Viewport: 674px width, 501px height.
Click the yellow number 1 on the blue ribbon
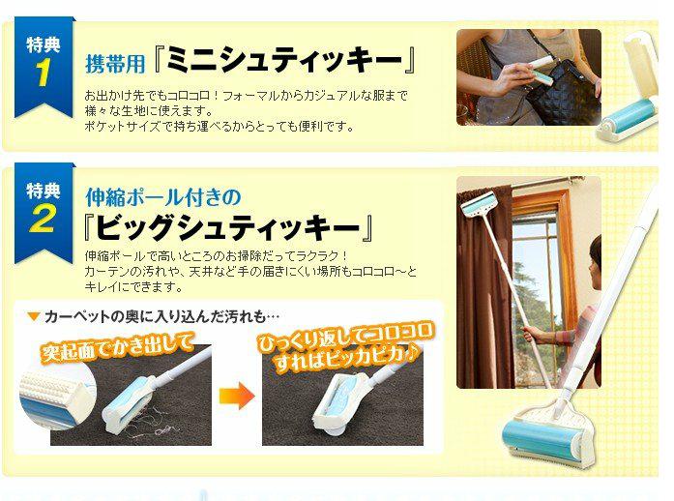(44, 72)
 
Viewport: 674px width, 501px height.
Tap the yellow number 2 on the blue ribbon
(43, 218)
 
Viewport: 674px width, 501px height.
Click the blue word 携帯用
(115, 64)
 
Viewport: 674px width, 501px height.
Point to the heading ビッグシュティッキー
(227, 227)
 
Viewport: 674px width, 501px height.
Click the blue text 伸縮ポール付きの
(163, 197)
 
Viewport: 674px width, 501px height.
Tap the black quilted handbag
(562, 93)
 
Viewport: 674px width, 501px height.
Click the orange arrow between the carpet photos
(237, 396)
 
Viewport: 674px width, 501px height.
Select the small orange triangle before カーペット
(33, 317)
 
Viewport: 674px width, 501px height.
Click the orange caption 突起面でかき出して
(117, 345)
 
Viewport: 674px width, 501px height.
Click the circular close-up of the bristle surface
(56, 397)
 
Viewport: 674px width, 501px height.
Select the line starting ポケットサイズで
(220, 127)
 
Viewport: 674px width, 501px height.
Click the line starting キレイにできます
(134, 287)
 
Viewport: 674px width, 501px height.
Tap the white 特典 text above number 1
(43, 44)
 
